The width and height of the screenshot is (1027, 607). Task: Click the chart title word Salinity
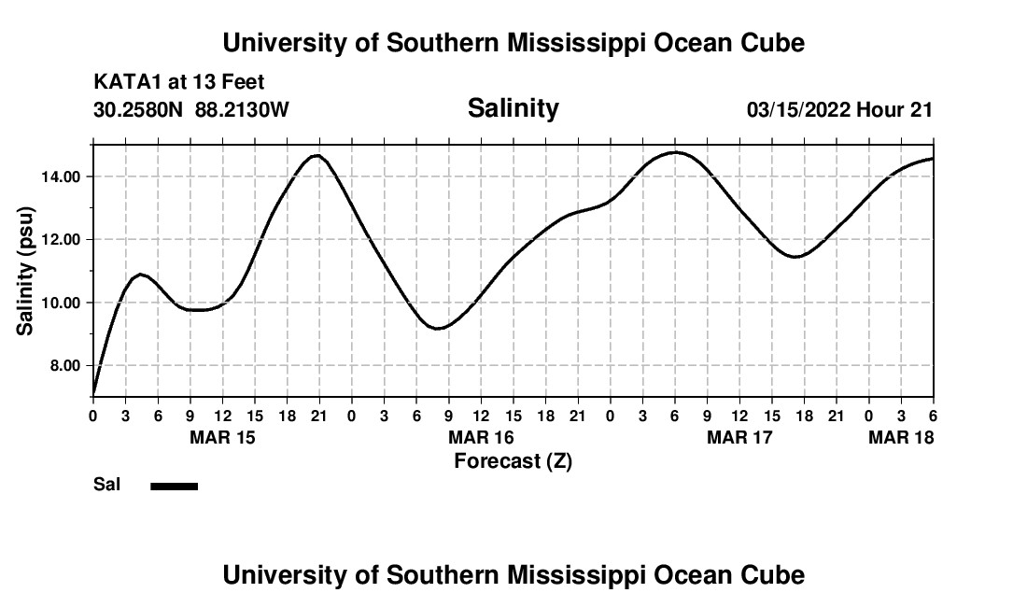pos(513,108)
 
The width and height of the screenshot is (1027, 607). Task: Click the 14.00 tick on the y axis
pos(59,176)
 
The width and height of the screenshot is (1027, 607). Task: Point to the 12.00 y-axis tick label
pos(59,239)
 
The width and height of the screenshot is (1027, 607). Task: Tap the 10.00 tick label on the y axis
pos(59,303)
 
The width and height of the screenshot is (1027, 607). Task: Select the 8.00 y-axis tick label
pos(63,365)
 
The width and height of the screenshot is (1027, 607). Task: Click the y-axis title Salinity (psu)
pos(25,271)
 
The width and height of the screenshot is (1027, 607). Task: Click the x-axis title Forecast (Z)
pos(513,460)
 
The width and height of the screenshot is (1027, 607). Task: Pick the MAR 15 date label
pos(222,437)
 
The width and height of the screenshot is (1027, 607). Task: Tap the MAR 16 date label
pos(481,437)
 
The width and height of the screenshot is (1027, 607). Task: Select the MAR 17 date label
pos(739,437)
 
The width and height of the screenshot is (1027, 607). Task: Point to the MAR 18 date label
pos(901,437)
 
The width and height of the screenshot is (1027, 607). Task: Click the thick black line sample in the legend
pos(175,486)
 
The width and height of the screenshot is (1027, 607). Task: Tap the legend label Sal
pos(106,485)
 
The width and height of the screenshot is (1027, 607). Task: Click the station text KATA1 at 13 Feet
pos(179,82)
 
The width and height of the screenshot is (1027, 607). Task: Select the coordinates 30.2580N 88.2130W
pos(191,110)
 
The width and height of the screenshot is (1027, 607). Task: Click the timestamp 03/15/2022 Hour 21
pos(839,110)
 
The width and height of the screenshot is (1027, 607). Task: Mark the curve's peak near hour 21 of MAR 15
pos(317,155)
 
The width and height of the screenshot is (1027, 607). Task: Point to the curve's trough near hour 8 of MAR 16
pos(438,328)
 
